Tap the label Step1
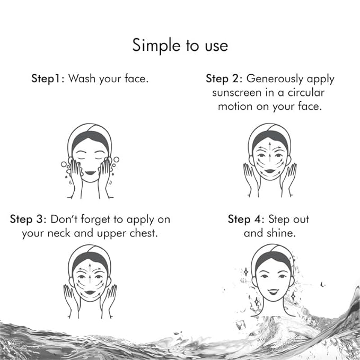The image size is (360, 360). coord(46,79)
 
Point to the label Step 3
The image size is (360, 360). coord(27,219)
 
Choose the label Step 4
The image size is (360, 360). coord(244,219)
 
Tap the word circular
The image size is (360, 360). coord(306,92)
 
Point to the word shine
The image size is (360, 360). coord(281,233)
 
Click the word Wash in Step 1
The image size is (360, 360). coord(82,78)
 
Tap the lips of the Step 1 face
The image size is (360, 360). coord(90,173)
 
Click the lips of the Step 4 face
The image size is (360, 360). coord(273,292)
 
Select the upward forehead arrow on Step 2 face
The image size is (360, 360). coord(270,146)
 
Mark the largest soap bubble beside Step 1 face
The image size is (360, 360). coord(117,160)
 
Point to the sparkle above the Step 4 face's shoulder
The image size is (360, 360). coord(293,296)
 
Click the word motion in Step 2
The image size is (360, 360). coord(235,107)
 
